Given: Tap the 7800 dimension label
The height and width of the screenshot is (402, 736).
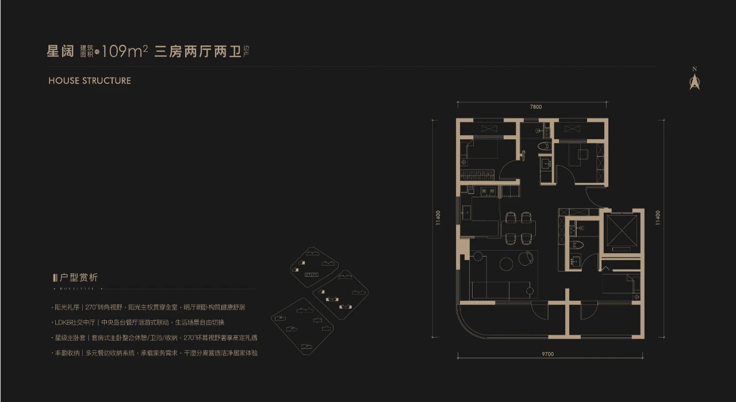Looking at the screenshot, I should click(535, 107).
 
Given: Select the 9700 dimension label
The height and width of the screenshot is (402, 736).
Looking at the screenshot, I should click(547, 355).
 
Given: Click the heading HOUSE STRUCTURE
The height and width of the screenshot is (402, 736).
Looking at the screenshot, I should click(90, 81).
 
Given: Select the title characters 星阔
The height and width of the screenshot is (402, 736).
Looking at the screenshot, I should click(60, 52).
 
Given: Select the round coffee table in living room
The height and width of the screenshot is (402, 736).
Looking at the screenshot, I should click(507, 263).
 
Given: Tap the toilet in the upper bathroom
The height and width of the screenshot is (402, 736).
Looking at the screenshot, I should click(543, 147).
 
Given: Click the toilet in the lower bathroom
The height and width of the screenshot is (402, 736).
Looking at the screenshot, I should click(577, 245).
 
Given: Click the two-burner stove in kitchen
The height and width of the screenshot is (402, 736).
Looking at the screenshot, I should click(489, 191).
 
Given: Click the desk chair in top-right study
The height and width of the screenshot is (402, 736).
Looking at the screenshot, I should click(583, 154).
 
